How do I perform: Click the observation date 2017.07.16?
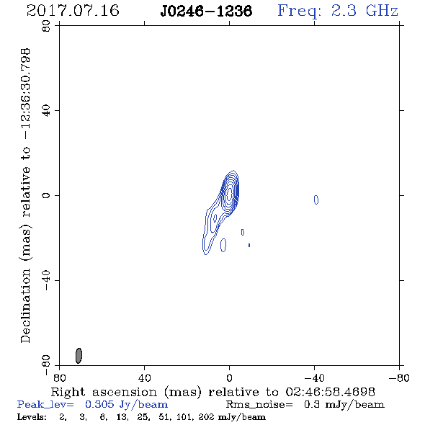click(x=73, y=11)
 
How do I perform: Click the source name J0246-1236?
click(x=206, y=11)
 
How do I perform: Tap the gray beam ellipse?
click(x=79, y=356)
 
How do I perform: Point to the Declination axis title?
click(x=25, y=195)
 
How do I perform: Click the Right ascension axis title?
click(x=213, y=392)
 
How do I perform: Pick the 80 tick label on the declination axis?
click(x=46, y=26)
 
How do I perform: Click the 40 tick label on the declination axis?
click(x=46, y=111)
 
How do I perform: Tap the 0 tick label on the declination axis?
click(x=46, y=195)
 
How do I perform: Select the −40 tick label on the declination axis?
click(x=46, y=280)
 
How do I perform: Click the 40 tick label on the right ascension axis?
click(x=144, y=377)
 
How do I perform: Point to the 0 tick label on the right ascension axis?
click(x=229, y=377)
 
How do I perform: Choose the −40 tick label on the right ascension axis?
click(x=314, y=377)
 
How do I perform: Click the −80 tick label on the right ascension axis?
click(x=399, y=377)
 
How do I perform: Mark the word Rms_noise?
click(x=259, y=405)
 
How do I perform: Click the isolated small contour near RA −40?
click(x=316, y=200)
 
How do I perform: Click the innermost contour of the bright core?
click(x=229, y=194)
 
